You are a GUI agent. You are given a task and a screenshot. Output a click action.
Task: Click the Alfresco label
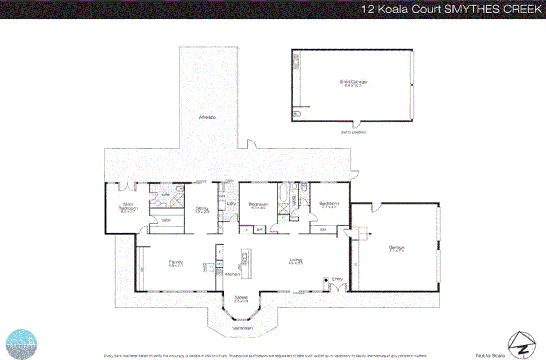point(207,117)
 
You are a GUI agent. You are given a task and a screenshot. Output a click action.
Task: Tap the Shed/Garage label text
point(353,82)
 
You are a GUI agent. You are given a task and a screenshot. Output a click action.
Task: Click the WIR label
point(166,220)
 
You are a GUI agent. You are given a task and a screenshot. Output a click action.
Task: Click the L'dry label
point(231,204)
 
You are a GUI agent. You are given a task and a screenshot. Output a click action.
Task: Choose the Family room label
point(176,262)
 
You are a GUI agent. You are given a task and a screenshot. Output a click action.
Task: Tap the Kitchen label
point(232,274)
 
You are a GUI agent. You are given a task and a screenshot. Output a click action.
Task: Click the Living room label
point(296,260)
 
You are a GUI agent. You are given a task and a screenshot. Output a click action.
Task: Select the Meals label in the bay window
point(241,297)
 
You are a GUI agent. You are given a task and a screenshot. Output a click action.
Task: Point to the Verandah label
point(242,328)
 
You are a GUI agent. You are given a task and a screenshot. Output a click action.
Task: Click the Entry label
point(337,279)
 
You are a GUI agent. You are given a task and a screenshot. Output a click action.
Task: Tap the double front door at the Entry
point(338,288)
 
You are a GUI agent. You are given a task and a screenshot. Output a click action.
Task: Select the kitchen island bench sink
point(245,257)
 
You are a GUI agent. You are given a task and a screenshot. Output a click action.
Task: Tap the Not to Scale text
point(490,356)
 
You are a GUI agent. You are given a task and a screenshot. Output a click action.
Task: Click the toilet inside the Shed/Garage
point(297,114)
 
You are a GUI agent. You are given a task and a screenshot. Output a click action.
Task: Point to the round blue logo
point(21,344)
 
